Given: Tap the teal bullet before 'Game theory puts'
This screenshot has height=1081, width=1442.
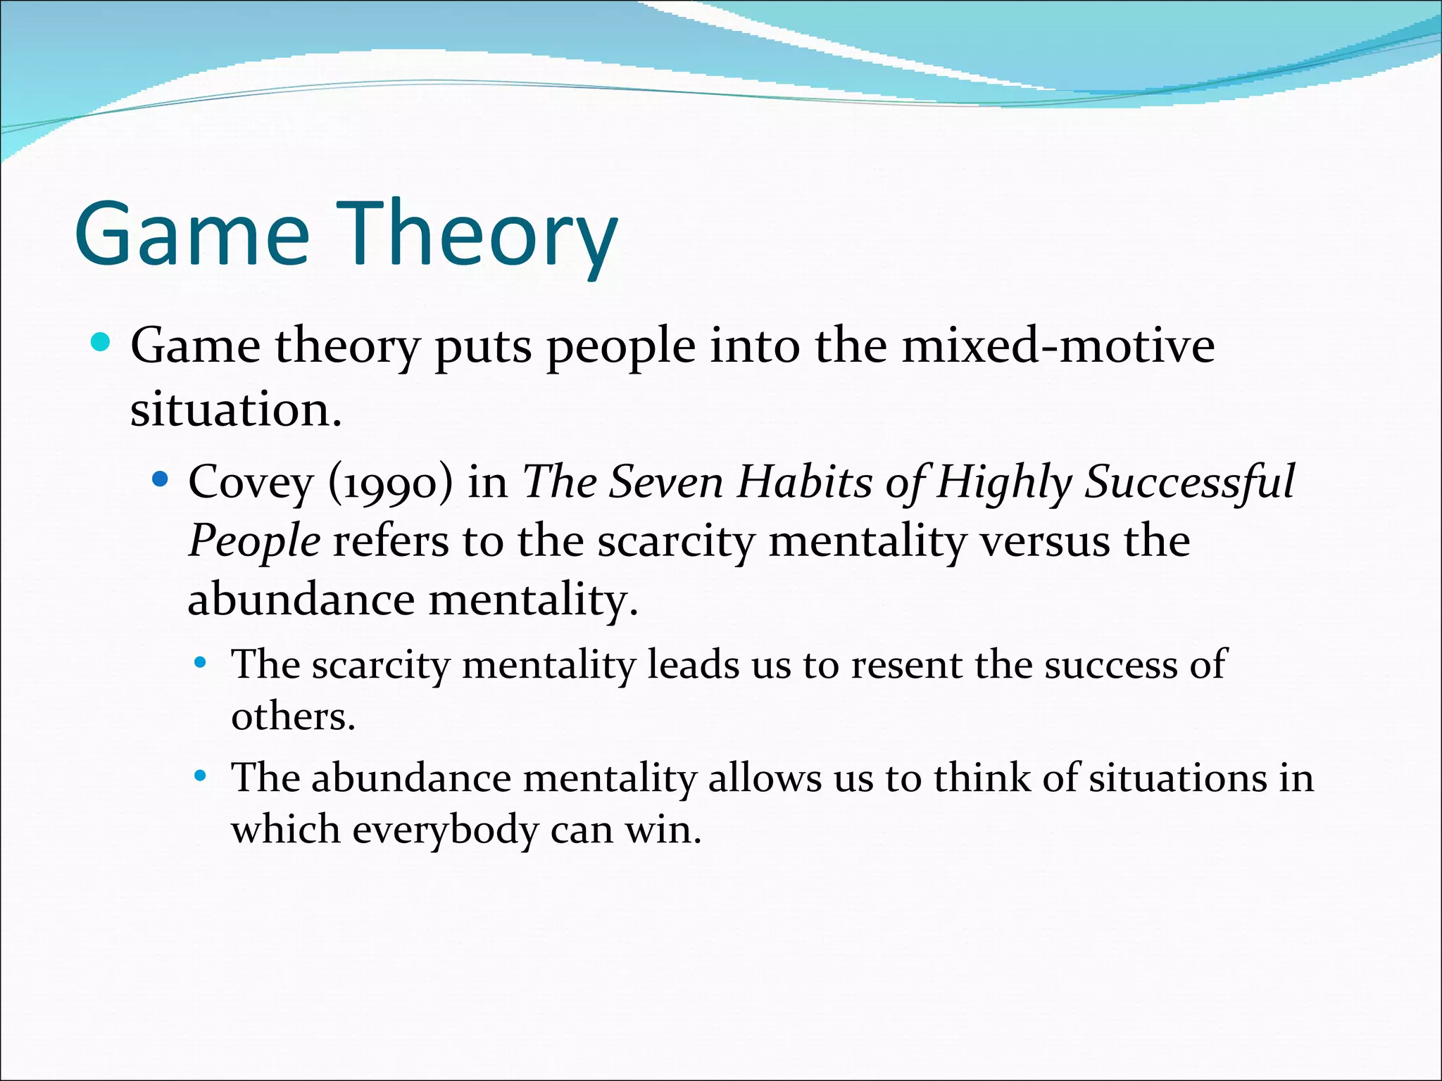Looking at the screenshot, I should pyautogui.click(x=101, y=343).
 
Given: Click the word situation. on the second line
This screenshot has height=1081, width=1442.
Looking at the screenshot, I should pyautogui.click(x=236, y=410).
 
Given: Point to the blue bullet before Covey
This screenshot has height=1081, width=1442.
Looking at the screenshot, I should pyautogui.click(x=161, y=479).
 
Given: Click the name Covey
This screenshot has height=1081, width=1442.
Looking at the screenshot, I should pyautogui.click(x=250, y=483).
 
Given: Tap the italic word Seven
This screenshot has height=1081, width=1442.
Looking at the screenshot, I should pyautogui.click(x=665, y=483).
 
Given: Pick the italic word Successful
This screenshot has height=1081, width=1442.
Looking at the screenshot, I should pyautogui.click(x=1189, y=483).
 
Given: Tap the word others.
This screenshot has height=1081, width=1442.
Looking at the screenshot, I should pyautogui.click(x=293, y=716).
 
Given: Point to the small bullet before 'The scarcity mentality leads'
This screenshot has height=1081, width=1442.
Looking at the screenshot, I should pyautogui.click(x=201, y=662).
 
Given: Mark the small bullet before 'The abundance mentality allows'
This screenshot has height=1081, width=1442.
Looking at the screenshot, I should pyautogui.click(x=201, y=776).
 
